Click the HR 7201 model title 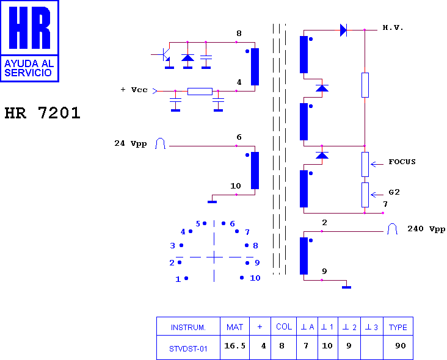click(43, 113)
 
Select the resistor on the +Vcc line click(200, 91)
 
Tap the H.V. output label click(393, 27)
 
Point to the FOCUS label click(402, 162)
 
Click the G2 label click(394, 192)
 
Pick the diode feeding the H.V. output click(344, 30)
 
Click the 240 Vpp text click(426, 229)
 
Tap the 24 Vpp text click(131, 143)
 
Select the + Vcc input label click(134, 90)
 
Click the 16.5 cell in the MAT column click(234, 346)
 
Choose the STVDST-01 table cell click(188, 348)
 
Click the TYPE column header click(398, 327)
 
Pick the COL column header click(284, 326)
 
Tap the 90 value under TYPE click(400, 346)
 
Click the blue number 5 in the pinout click(198, 224)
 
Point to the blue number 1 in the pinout click(178, 279)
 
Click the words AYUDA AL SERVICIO click(29, 68)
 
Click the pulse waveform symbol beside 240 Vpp click(392, 229)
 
